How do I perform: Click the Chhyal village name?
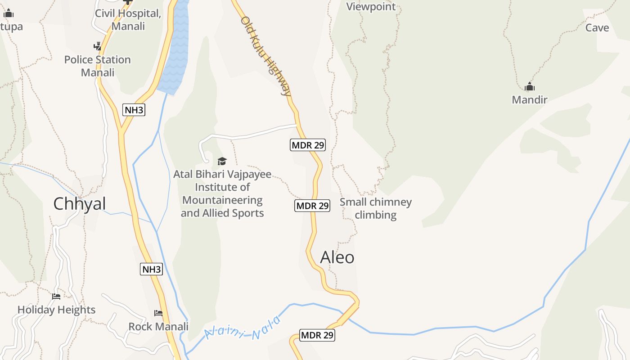point(80,204)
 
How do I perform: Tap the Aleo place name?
point(337,257)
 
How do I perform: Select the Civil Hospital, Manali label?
point(128,20)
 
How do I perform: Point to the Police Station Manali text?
point(98,66)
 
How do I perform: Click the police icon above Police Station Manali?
point(97,46)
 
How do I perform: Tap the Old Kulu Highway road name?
point(266,56)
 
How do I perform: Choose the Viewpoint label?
point(371,7)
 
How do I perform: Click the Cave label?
point(597,28)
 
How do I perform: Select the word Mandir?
point(530,100)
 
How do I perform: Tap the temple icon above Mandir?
point(530,86)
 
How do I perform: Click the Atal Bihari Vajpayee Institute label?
point(222,193)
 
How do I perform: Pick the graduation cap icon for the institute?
point(222,161)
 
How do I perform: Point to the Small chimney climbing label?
point(376,208)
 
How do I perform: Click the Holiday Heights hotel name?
point(57,310)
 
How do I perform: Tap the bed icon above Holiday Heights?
point(56,296)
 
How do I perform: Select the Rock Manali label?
point(158,326)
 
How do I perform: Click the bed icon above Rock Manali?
point(158,313)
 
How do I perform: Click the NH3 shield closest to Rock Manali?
point(151,270)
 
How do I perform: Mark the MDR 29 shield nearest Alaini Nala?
point(317,335)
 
